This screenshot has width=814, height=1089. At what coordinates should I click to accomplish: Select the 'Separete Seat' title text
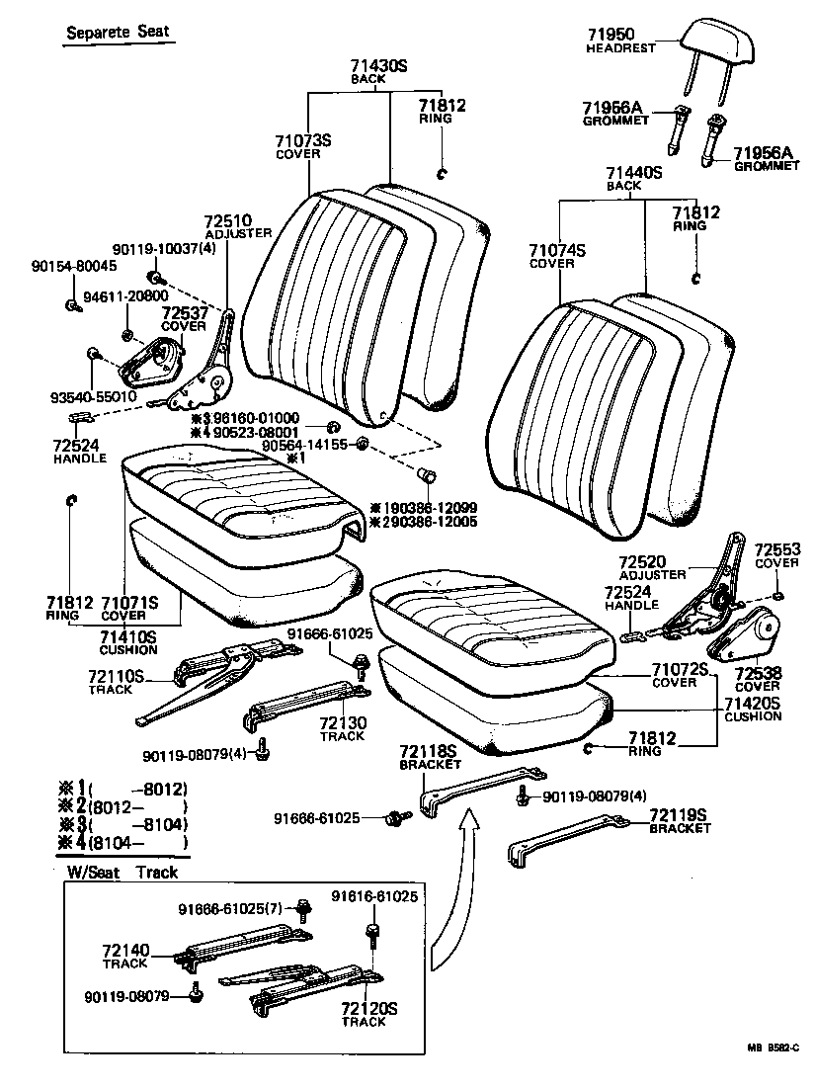coord(118,32)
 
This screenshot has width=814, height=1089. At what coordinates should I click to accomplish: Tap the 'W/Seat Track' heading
coord(122,873)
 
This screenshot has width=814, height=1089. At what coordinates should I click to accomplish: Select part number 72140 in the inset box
coord(124,951)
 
